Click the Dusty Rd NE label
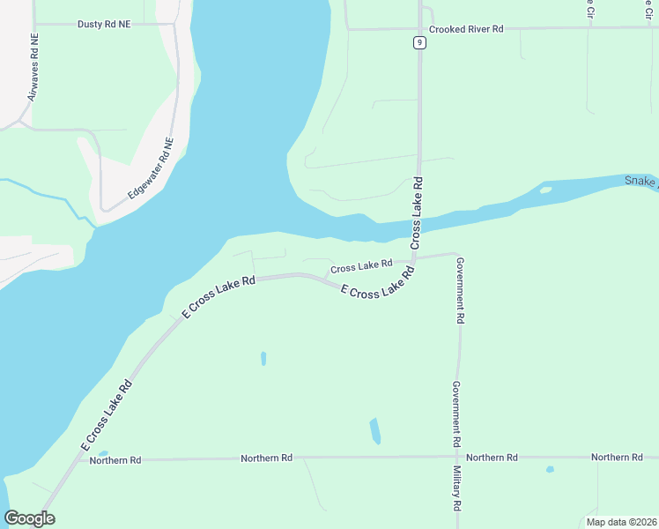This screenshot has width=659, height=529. pos(103,25)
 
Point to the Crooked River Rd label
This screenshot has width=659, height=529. pos(465,29)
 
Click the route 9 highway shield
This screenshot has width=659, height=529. pos(419,42)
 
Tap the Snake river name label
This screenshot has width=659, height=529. pos(640,181)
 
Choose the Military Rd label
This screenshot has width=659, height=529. pos(457,490)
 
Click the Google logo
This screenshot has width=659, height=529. pos(30,518)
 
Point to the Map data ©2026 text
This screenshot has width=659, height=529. pos(620,522)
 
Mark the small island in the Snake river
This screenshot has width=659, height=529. pos(545,189)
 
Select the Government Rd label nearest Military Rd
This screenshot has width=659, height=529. pos(457,413)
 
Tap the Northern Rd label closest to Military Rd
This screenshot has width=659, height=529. pos(492,458)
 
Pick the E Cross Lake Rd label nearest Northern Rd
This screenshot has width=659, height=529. pos(107,415)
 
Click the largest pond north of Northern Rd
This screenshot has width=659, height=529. pos(374,430)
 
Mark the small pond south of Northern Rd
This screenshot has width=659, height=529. pos(550,469)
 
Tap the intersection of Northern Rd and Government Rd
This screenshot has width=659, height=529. pos(457,457)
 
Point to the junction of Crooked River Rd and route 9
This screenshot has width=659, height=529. pos(420,28)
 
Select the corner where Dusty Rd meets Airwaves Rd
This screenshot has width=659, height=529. pos(34,25)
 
